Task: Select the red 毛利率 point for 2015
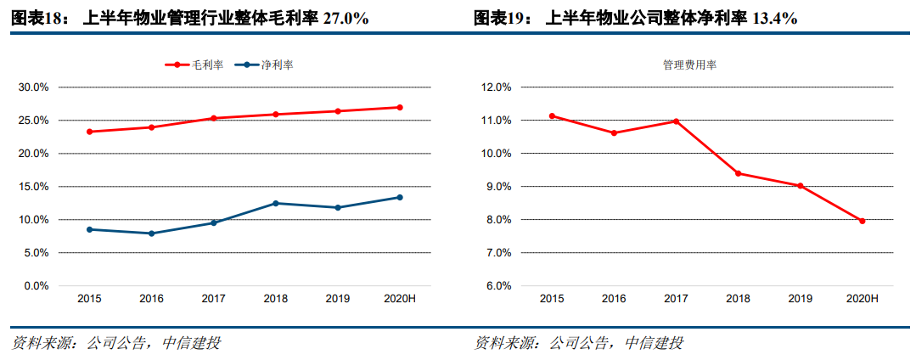tap(89, 132)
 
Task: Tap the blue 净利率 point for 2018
tap(275, 203)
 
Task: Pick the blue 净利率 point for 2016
tap(151, 233)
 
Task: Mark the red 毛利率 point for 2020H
tap(400, 107)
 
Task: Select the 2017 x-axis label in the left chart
tap(213, 299)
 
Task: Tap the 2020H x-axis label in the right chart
tap(863, 299)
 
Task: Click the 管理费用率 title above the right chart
tap(689, 65)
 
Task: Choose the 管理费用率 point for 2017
tap(677, 121)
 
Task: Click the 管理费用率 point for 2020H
tap(863, 221)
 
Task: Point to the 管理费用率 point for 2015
tap(553, 115)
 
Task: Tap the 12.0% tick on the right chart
tap(495, 87)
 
